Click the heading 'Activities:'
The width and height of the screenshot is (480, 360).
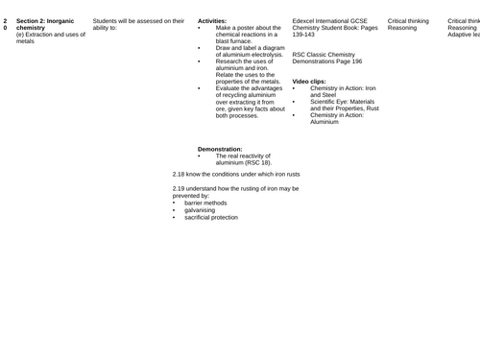coord(214,20)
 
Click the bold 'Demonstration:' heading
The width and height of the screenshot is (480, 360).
coord(220,149)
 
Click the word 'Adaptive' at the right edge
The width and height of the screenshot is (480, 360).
coord(463,36)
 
